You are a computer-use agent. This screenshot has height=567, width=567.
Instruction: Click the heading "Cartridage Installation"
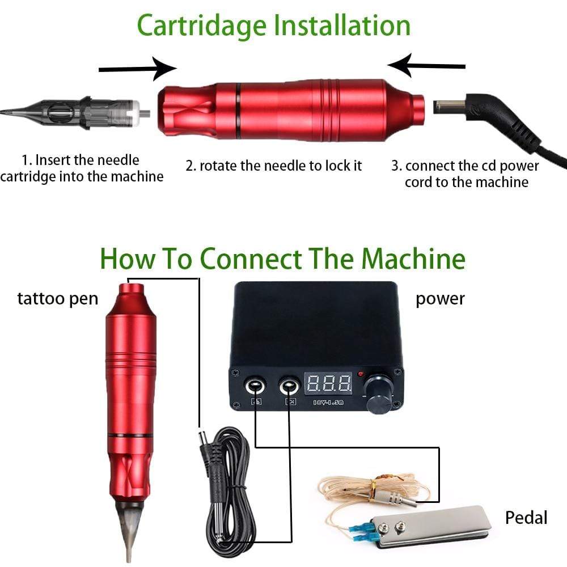(x=274, y=26)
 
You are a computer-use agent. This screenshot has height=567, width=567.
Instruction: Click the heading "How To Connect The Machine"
(x=282, y=259)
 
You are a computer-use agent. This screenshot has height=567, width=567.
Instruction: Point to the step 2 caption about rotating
(x=273, y=166)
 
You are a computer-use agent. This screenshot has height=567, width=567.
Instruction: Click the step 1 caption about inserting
(x=82, y=168)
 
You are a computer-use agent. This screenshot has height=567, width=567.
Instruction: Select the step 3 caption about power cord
(x=466, y=174)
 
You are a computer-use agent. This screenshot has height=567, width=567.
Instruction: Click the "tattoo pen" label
(x=57, y=299)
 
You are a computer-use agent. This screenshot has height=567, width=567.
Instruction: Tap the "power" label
(x=440, y=299)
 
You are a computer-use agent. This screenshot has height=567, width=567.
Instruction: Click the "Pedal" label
(x=526, y=517)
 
